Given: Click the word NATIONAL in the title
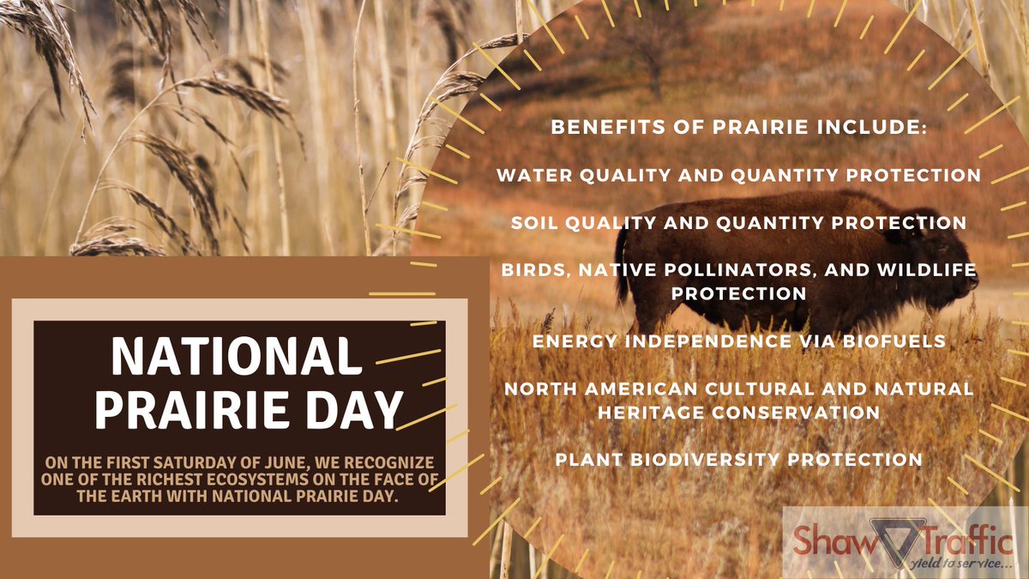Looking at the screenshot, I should [236, 356].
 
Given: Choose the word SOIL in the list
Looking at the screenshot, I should [535, 223].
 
